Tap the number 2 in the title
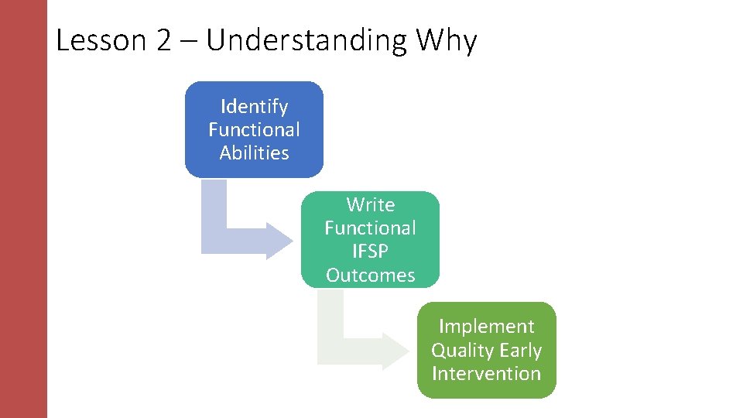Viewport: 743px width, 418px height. coord(163,40)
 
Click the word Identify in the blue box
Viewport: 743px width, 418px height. coord(254,106)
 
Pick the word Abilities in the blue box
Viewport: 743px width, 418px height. coord(254,152)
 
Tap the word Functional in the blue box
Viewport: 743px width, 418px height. coord(254,129)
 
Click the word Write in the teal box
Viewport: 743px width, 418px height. coord(370,204)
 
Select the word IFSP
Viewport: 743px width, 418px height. coord(370,252)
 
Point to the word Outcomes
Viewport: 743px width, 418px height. coord(370,275)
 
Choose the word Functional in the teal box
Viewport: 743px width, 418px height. coord(370,228)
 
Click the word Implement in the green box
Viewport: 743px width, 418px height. coord(486,326)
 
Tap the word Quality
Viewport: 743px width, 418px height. coord(462,350)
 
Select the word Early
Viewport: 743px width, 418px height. coord(520,350)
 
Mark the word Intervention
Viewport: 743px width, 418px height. coord(486,373)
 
